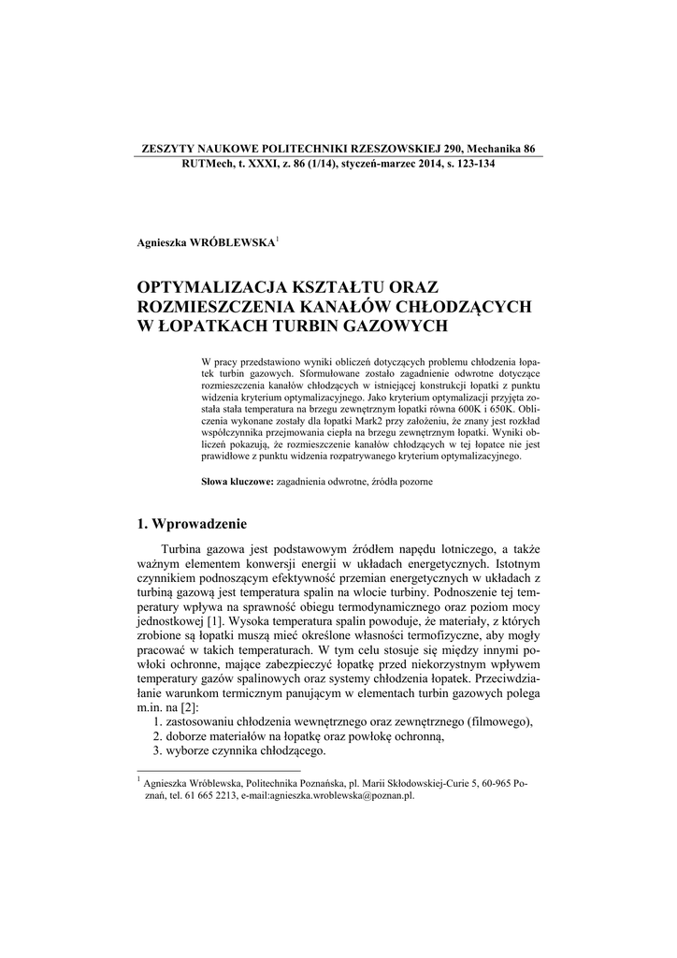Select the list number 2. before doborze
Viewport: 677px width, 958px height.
[157, 736]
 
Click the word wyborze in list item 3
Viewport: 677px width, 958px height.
[193, 752]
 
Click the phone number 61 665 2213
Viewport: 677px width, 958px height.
[210, 796]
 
